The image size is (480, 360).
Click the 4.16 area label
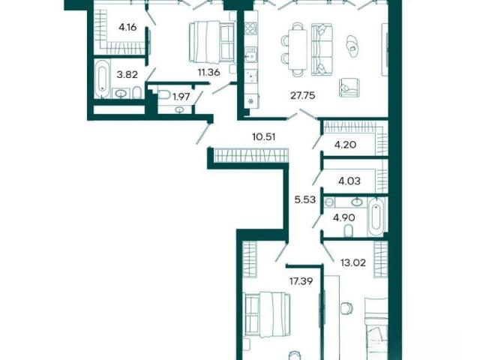(x=127, y=28)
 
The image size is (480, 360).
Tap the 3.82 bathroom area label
(x=127, y=74)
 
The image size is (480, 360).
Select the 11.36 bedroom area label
(x=208, y=73)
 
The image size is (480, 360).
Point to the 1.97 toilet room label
(x=181, y=97)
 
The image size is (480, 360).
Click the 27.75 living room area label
(x=302, y=96)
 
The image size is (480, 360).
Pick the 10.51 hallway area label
(x=263, y=136)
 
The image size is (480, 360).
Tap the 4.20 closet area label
(x=345, y=145)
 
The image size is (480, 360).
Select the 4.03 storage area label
(x=349, y=181)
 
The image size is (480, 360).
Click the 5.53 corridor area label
(x=304, y=200)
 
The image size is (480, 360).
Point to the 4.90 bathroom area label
(x=344, y=218)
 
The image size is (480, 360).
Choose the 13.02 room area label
(x=353, y=262)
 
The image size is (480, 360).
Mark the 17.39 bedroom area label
(x=301, y=281)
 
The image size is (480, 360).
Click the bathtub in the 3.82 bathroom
(x=102, y=79)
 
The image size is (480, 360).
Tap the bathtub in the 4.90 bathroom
(x=376, y=217)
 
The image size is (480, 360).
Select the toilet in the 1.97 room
(x=164, y=94)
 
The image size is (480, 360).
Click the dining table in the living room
(x=298, y=49)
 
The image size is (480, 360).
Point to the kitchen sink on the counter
(x=251, y=55)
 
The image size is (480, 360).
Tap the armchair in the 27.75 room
(x=349, y=88)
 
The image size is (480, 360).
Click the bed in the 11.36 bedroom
(x=211, y=42)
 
